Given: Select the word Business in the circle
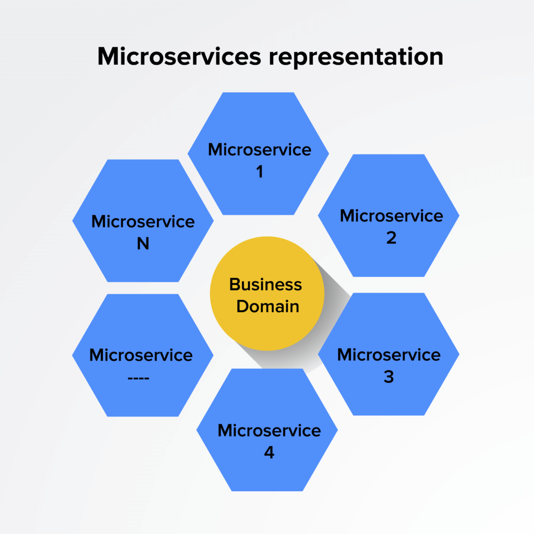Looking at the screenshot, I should [x=265, y=285].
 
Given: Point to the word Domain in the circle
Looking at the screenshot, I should [x=268, y=306].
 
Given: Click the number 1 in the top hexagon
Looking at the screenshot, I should [x=259, y=172].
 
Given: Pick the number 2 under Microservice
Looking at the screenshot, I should [x=391, y=238].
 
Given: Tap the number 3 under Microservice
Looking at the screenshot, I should [x=389, y=377].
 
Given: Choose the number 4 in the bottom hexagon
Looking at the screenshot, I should [x=269, y=452].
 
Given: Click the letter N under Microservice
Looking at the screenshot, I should [x=143, y=244].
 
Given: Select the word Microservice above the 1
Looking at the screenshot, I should [x=259, y=150].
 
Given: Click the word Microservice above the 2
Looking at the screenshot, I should [x=391, y=215].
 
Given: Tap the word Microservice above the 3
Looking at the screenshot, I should [x=389, y=355].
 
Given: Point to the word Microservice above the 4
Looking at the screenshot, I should [x=269, y=430].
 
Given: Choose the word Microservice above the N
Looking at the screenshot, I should [x=143, y=221].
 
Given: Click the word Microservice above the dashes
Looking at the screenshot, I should [x=141, y=355].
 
